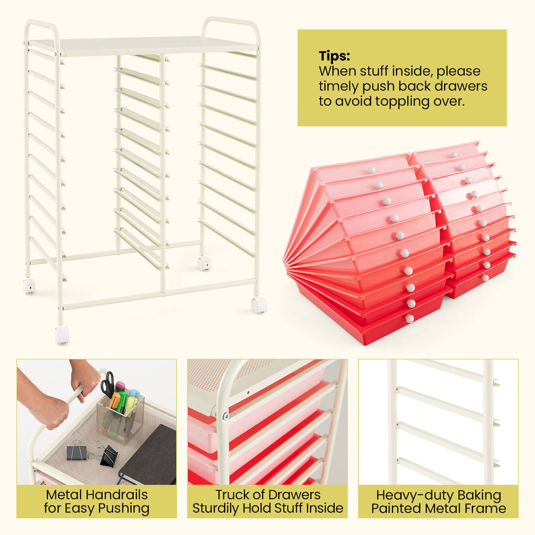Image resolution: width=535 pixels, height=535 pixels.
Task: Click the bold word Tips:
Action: pos(334,56)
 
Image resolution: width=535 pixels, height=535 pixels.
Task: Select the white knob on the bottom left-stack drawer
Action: pos(409,319)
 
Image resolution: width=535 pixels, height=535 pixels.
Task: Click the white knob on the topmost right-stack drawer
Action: pos(453,155)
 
